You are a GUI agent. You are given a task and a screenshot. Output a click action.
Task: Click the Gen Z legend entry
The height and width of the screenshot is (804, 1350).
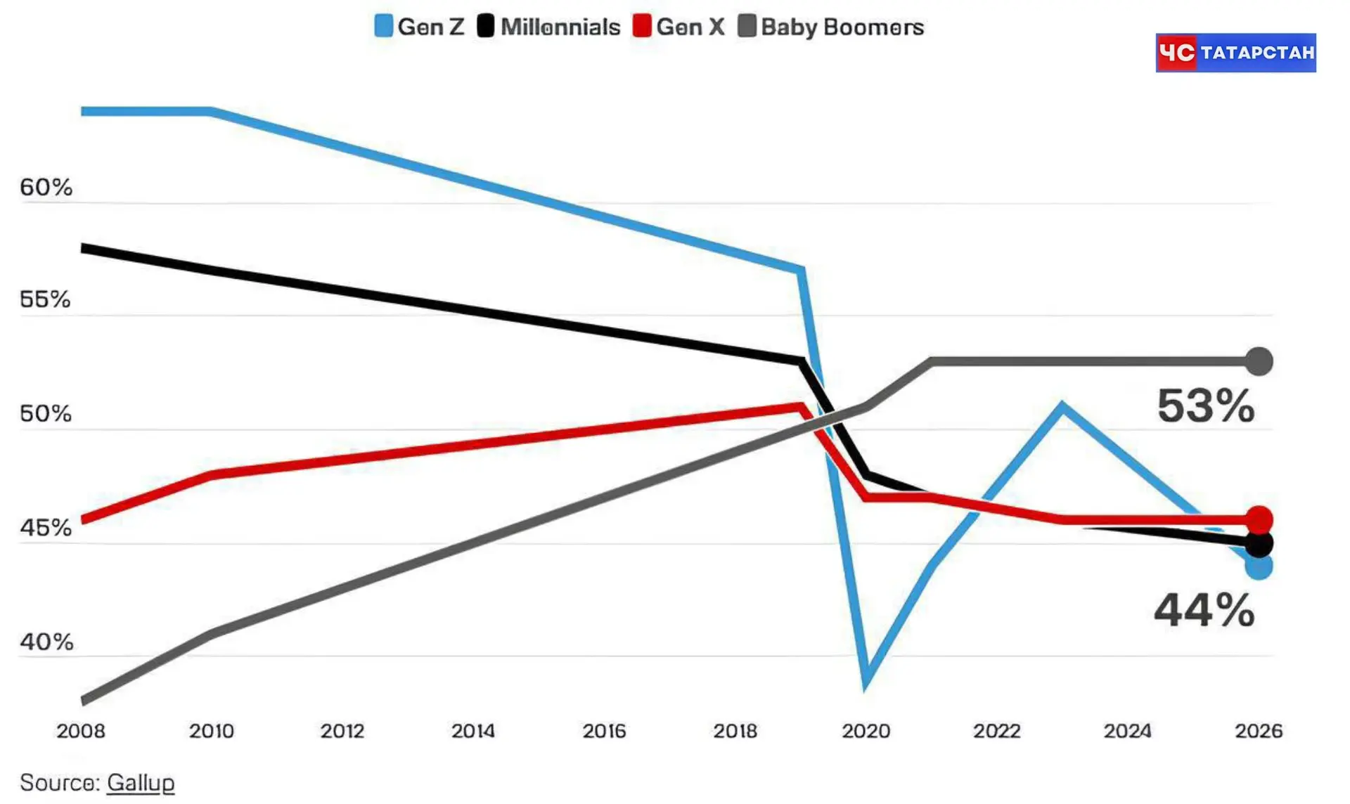tap(420, 27)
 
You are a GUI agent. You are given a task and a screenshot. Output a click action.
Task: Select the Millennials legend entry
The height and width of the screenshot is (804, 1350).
tap(549, 27)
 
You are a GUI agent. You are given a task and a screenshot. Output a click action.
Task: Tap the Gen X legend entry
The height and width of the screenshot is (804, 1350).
tap(679, 27)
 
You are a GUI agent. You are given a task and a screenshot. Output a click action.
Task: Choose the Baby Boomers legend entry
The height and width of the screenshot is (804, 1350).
tap(831, 27)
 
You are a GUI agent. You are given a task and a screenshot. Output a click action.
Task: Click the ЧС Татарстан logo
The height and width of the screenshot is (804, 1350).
tap(1236, 53)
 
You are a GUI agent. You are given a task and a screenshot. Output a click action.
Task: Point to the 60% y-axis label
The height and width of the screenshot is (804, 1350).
tap(46, 187)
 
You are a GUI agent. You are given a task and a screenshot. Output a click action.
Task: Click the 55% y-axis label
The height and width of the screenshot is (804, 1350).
tap(45, 299)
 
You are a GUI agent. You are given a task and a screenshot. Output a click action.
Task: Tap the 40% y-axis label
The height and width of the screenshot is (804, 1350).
tap(46, 642)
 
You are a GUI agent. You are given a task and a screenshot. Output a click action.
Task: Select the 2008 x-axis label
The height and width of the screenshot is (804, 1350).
tap(81, 731)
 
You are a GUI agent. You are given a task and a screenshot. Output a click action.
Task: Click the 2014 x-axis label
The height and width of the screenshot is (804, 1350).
tap(473, 731)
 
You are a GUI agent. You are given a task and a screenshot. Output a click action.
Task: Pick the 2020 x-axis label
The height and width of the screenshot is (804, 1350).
tap(866, 731)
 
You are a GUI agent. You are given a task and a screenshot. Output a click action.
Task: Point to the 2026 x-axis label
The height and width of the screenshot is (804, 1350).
tap(1259, 731)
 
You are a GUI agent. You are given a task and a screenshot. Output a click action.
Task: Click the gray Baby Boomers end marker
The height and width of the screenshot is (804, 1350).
tap(1259, 361)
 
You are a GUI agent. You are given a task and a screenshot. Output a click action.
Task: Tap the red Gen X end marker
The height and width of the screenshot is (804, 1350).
tap(1259, 520)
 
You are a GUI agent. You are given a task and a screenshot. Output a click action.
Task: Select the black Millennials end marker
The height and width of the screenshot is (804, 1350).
tap(1259, 543)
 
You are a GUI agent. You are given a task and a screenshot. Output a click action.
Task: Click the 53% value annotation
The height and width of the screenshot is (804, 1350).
tap(1206, 406)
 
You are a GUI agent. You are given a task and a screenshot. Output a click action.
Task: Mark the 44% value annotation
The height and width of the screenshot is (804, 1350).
tap(1204, 609)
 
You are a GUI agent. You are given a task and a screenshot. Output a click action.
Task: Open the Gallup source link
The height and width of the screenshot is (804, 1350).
tap(141, 783)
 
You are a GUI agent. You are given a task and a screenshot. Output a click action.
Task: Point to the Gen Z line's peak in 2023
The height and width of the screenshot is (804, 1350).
tap(1062, 406)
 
